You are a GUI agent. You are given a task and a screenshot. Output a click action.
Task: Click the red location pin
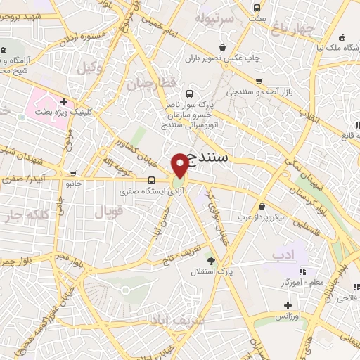180,165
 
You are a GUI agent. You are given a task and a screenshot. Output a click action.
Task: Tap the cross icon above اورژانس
287,305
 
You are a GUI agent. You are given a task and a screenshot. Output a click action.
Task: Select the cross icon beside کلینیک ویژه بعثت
63,101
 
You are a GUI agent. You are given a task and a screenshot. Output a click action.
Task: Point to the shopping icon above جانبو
73,174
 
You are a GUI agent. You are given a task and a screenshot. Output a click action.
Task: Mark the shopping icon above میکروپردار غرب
262,207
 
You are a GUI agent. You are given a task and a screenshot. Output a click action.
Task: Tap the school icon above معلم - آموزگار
302,271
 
